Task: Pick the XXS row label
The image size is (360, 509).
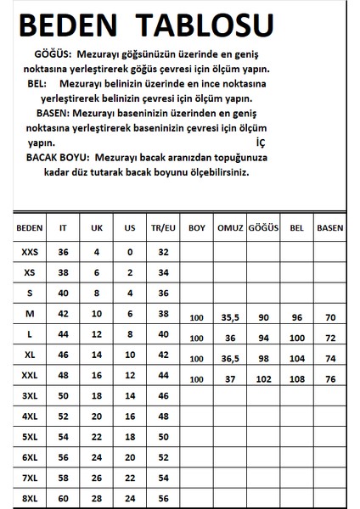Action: point(29,252)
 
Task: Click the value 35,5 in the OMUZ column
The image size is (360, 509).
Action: point(228,319)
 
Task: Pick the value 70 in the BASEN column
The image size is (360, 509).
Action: point(330,319)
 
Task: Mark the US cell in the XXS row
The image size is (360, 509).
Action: point(129,252)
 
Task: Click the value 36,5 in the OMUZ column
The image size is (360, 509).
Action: point(228,360)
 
